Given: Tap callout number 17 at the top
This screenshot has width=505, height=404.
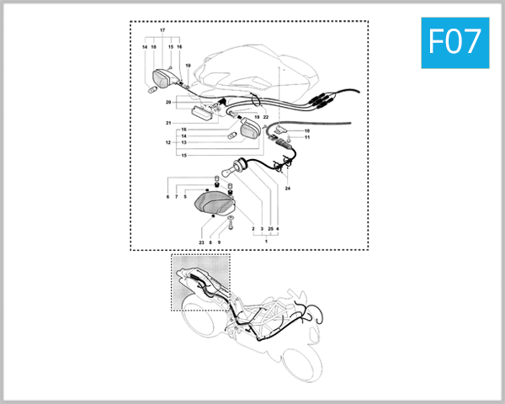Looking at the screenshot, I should (x=162, y=31).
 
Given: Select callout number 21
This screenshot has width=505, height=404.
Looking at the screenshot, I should (x=168, y=124).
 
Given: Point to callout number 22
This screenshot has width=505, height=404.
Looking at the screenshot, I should (x=265, y=117).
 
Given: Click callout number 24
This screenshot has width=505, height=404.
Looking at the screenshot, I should (x=287, y=189).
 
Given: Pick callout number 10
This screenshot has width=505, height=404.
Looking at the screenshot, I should (x=307, y=131).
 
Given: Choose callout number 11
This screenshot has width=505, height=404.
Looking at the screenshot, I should (x=307, y=137).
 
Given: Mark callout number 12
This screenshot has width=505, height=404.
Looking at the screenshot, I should (x=168, y=142).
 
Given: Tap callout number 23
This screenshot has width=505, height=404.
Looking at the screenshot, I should (x=201, y=242).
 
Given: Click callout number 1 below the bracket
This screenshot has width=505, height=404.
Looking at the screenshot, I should (x=266, y=242).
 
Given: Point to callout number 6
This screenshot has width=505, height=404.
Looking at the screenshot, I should (x=167, y=197).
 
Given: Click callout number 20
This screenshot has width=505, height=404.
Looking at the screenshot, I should (x=168, y=103).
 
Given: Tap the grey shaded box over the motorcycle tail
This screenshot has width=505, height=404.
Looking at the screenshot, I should (x=200, y=282).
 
